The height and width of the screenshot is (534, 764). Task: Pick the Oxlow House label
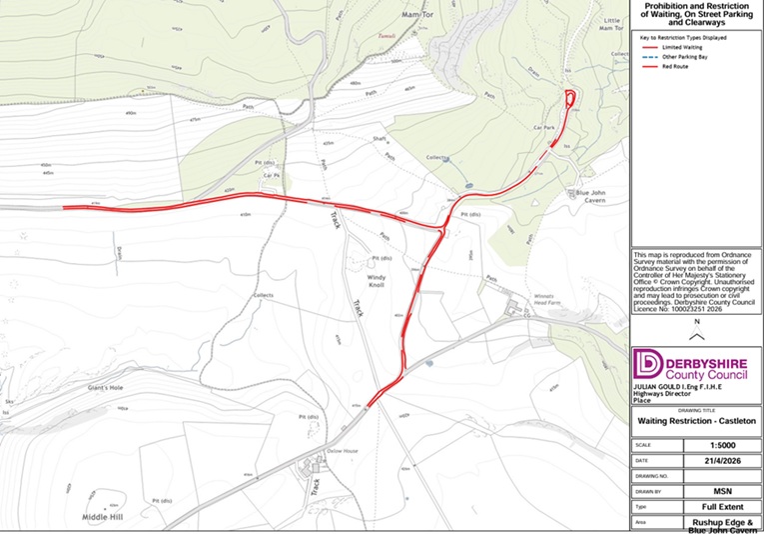(342, 451)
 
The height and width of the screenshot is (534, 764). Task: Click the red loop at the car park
(569, 99)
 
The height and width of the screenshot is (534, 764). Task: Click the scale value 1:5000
(717, 444)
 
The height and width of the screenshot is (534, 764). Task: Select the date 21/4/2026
(717, 460)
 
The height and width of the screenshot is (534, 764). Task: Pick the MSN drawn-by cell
(717, 492)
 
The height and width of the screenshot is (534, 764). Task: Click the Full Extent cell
(717, 508)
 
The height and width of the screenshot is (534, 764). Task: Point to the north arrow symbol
(697, 336)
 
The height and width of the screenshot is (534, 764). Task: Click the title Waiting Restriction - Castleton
(697, 422)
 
